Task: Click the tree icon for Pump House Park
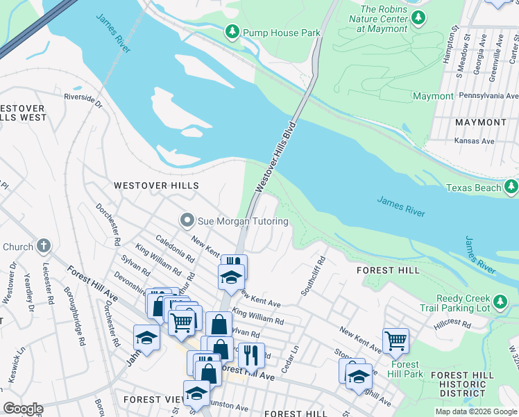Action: coord(232,32)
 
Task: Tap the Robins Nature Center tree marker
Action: coord(418,19)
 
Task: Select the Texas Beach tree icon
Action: coord(511,187)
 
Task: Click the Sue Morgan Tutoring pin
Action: coord(186,221)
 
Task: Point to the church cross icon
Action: coord(44,246)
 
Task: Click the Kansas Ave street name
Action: coord(474,140)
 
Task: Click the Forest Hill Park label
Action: coord(405,369)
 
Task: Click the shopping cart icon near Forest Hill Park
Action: coord(395,340)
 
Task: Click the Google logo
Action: coord(23,409)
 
